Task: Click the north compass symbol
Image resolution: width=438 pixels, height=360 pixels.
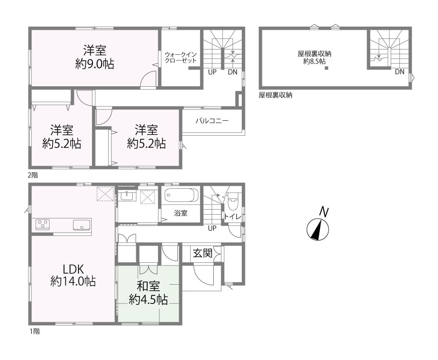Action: [x=318, y=229]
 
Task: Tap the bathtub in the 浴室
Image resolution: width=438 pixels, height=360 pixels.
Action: [x=181, y=195]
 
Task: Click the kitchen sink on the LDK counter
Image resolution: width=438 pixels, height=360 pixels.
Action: [x=81, y=225]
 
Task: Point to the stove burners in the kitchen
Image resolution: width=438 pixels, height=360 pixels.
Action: [x=43, y=225]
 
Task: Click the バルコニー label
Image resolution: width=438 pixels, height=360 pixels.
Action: [x=212, y=121]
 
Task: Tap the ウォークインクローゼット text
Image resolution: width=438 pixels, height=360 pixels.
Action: [x=180, y=57]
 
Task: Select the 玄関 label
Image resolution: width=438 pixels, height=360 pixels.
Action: [x=203, y=253]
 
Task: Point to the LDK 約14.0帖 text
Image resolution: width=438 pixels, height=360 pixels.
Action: [x=73, y=275]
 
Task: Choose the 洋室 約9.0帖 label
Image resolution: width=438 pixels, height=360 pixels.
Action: [x=95, y=57]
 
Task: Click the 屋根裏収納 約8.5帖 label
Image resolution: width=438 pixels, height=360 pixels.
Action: [x=314, y=57]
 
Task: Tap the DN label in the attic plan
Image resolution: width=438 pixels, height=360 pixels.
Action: [x=400, y=72]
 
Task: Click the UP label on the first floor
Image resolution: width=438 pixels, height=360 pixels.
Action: [x=212, y=228]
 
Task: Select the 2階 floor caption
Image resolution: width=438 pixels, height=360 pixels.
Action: [x=33, y=175]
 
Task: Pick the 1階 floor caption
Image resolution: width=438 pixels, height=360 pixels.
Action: [x=35, y=331]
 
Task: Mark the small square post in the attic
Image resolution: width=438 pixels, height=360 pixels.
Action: [x=326, y=68]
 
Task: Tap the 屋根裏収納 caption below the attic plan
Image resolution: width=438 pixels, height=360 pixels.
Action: [x=276, y=95]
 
